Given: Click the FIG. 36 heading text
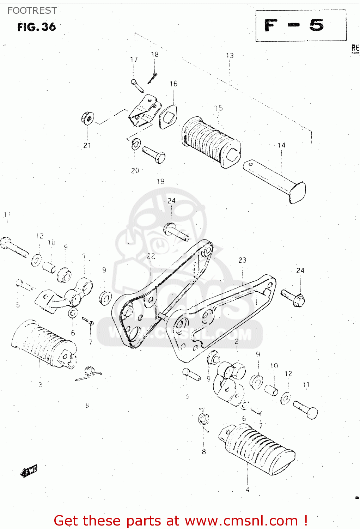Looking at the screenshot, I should [36, 27].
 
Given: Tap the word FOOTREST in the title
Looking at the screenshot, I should [32, 11].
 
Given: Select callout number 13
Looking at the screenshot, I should [230, 56].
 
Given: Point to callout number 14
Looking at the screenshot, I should [281, 145].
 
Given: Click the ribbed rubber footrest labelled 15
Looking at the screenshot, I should [210, 141].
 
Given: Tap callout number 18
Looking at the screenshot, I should [154, 55].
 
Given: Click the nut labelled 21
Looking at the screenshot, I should [87, 118].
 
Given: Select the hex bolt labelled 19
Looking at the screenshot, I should [154, 154].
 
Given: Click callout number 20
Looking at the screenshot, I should [135, 171].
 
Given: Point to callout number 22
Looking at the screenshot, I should [151, 256].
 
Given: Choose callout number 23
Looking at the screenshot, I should [242, 260].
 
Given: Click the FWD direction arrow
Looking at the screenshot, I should [29, 471].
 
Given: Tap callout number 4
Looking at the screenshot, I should [248, 490].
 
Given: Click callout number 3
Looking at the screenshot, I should [40, 384].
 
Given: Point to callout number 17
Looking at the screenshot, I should [134, 60].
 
